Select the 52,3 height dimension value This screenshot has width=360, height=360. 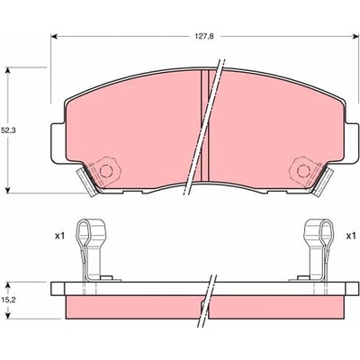tap(8, 130)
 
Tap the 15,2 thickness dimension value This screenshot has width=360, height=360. tap(8, 299)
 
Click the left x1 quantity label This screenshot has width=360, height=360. tap(59, 237)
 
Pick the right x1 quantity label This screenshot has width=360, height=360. tap(351, 237)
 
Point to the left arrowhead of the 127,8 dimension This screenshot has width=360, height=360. tap(54, 36)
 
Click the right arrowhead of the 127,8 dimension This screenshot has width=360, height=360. tap(356, 36)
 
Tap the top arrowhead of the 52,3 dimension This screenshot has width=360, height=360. tap(8, 70)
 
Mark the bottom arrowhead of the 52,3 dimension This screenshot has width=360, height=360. tap(8, 190)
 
